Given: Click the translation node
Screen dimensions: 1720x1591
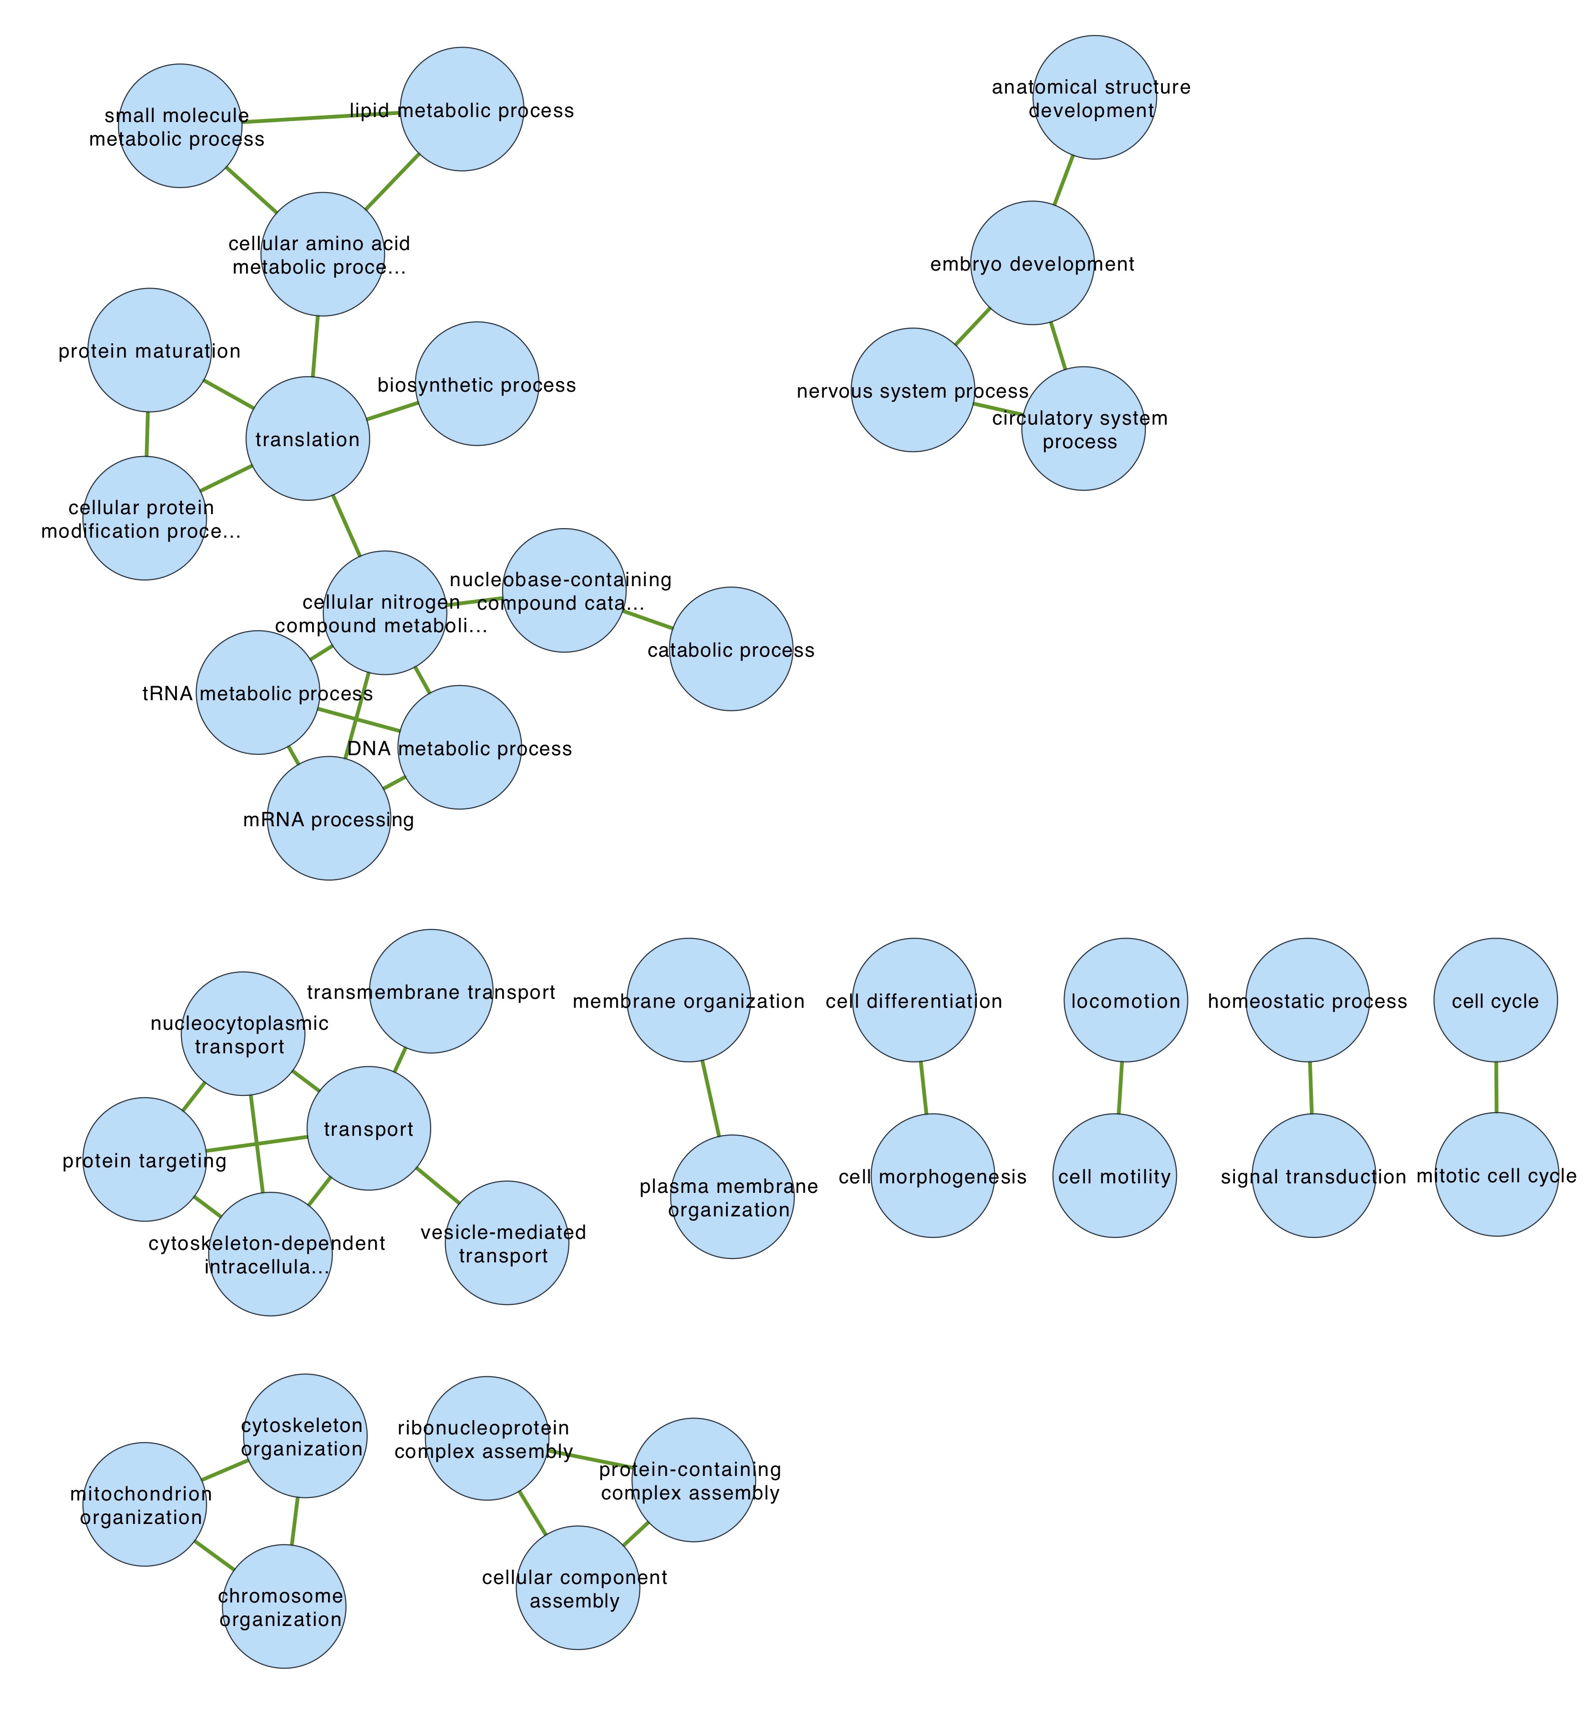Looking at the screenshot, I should point(308,439).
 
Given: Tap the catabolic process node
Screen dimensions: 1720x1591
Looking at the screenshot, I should point(731,649).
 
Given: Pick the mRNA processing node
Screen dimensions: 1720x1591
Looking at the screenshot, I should point(329,819).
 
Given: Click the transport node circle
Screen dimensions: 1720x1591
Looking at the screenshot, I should point(369,1129).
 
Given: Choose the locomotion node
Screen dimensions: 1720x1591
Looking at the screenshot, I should point(1125,1000).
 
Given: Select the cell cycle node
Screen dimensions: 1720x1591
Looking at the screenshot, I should point(1495,1000).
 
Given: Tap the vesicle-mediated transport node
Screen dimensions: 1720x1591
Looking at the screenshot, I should point(507,1243).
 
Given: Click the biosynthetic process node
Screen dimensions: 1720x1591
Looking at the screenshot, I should point(477,384).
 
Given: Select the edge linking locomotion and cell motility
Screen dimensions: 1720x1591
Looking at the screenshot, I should point(1121,1088).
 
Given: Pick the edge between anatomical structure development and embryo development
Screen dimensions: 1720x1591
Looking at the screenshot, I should point(1064,181).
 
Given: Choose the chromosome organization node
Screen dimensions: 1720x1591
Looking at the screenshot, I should point(283,1606).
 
